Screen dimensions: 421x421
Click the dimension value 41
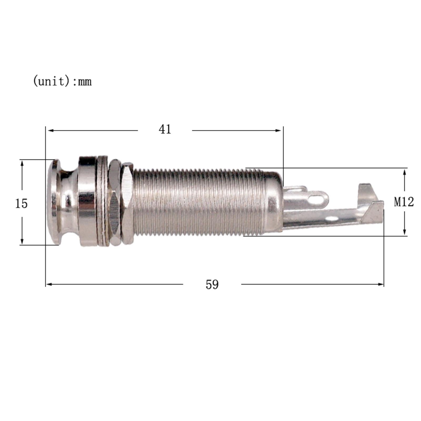coord(165,129)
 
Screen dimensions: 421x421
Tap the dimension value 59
coord(212,284)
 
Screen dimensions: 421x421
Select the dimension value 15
coord(21,203)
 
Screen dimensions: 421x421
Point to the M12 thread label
coord(404,202)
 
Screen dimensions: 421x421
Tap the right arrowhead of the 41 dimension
coord(278,130)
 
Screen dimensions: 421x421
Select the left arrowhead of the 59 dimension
coord(49,284)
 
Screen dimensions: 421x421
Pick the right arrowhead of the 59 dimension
coord(381,284)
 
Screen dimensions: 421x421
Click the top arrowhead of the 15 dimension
coord(22,163)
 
